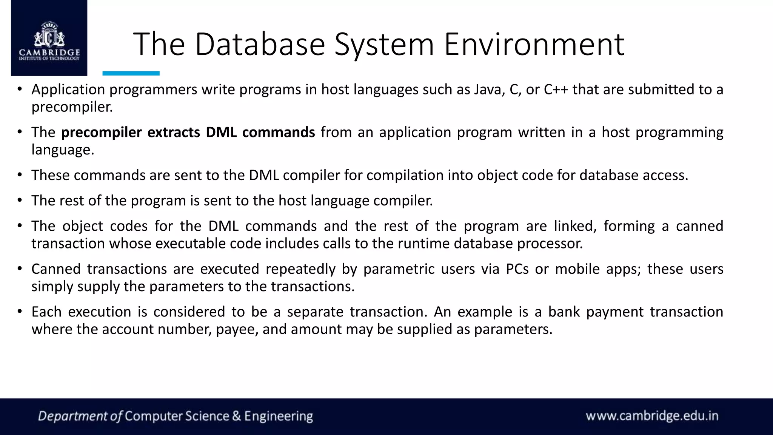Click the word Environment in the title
tap(534, 45)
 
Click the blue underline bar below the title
tap(131, 73)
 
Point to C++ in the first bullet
tap(556, 89)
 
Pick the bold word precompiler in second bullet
tap(101, 133)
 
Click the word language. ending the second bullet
tap(63, 150)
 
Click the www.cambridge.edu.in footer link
tap(652, 416)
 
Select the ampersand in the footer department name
tap(237, 416)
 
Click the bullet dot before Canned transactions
tap(20, 269)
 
